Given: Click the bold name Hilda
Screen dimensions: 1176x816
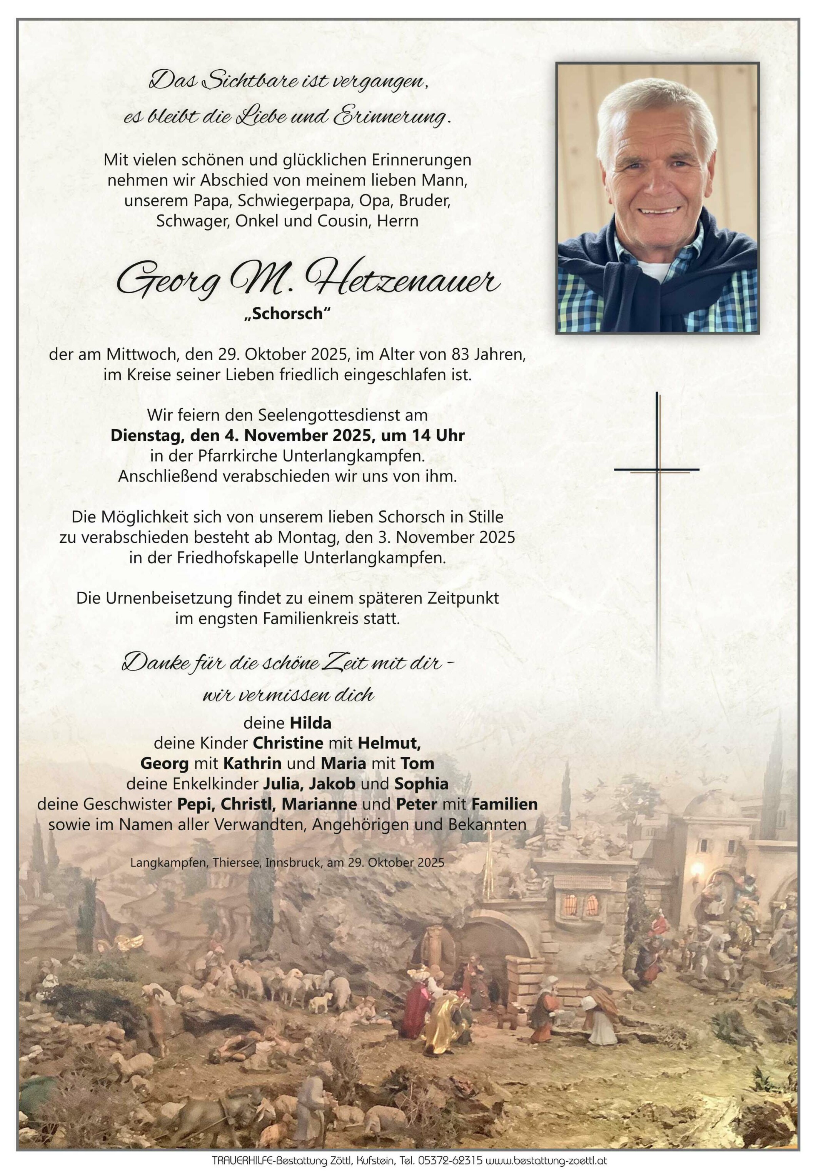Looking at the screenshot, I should (310, 723).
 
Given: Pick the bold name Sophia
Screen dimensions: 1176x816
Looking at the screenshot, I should (421, 784).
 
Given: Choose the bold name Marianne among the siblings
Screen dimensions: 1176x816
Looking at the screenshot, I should (320, 804).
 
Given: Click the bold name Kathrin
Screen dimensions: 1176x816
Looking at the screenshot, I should (252, 763).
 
